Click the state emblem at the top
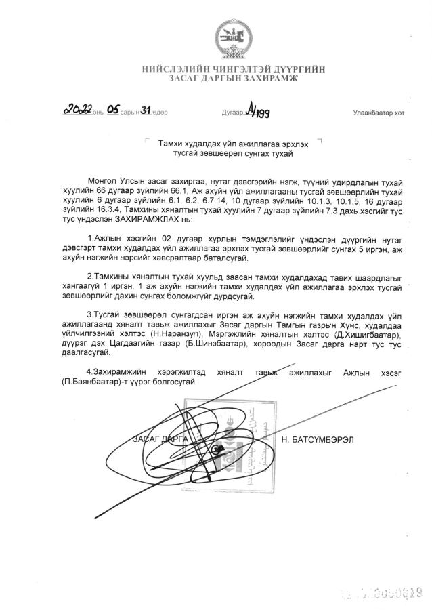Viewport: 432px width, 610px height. (x=233, y=41)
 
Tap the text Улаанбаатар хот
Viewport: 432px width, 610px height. (x=378, y=113)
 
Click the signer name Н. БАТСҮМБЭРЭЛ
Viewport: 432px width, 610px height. (x=316, y=439)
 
